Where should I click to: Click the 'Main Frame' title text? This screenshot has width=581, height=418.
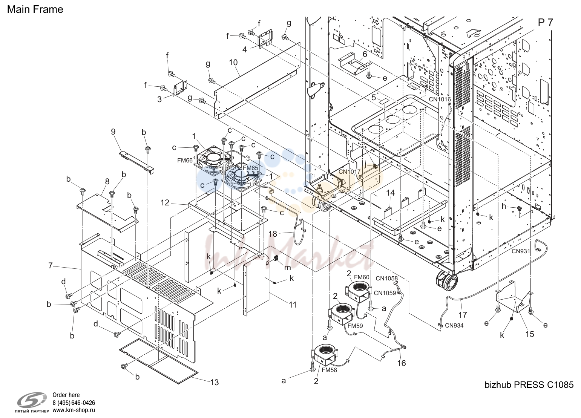click(35, 9)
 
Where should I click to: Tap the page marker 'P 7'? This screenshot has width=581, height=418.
click(546, 23)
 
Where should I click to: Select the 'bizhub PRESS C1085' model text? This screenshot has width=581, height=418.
click(529, 385)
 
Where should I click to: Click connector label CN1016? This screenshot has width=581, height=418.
click(440, 99)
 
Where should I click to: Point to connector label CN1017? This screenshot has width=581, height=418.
click(350, 171)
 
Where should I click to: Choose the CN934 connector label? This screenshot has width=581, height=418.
click(454, 325)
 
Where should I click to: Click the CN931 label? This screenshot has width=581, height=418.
click(521, 251)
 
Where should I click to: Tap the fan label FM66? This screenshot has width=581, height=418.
click(185, 160)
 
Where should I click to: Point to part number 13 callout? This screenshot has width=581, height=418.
click(215, 382)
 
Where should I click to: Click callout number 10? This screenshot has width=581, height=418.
click(233, 62)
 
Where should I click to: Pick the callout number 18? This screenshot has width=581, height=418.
click(273, 234)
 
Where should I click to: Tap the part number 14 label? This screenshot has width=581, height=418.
click(390, 193)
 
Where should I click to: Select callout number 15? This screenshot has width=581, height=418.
click(530, 334)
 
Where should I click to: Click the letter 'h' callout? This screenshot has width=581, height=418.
click(504, 206)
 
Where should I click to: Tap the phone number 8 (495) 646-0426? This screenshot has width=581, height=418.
click(74, 403)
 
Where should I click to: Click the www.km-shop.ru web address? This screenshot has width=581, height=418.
click(74, 410)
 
